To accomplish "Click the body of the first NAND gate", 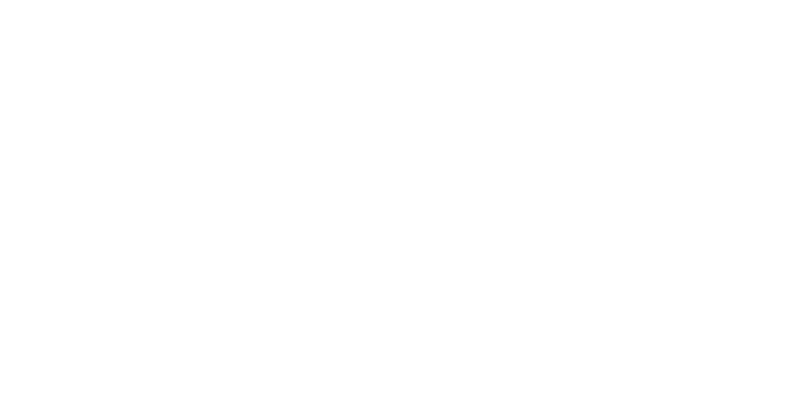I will [x=282, y=329].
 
